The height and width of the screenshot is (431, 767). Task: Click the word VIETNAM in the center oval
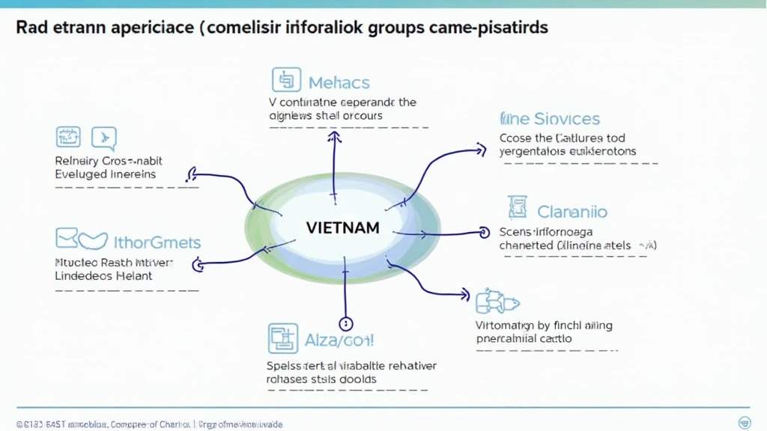point(342,227)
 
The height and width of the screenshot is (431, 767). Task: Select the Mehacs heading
point(339,82)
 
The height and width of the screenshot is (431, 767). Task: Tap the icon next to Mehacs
point(285,80)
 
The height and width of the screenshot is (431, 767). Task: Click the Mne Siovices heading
point(550,119)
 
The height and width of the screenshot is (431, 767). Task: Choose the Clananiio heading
point(572,212)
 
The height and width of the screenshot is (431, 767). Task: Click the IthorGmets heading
point(157,242)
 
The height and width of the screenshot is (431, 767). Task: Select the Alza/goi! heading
point(339,340)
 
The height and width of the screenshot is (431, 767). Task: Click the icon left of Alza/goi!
point(282,339)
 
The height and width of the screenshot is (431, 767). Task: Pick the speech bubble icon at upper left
point(103,138)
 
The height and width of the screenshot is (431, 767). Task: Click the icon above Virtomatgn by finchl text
point(497,302)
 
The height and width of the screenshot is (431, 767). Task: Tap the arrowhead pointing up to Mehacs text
point(335,137)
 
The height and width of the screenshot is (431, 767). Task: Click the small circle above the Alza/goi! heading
point(345,324)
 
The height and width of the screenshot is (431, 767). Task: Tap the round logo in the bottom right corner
point(745,422)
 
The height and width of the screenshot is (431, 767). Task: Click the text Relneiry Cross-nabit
point(109,161)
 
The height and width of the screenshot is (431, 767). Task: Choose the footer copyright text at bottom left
point(150,424)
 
